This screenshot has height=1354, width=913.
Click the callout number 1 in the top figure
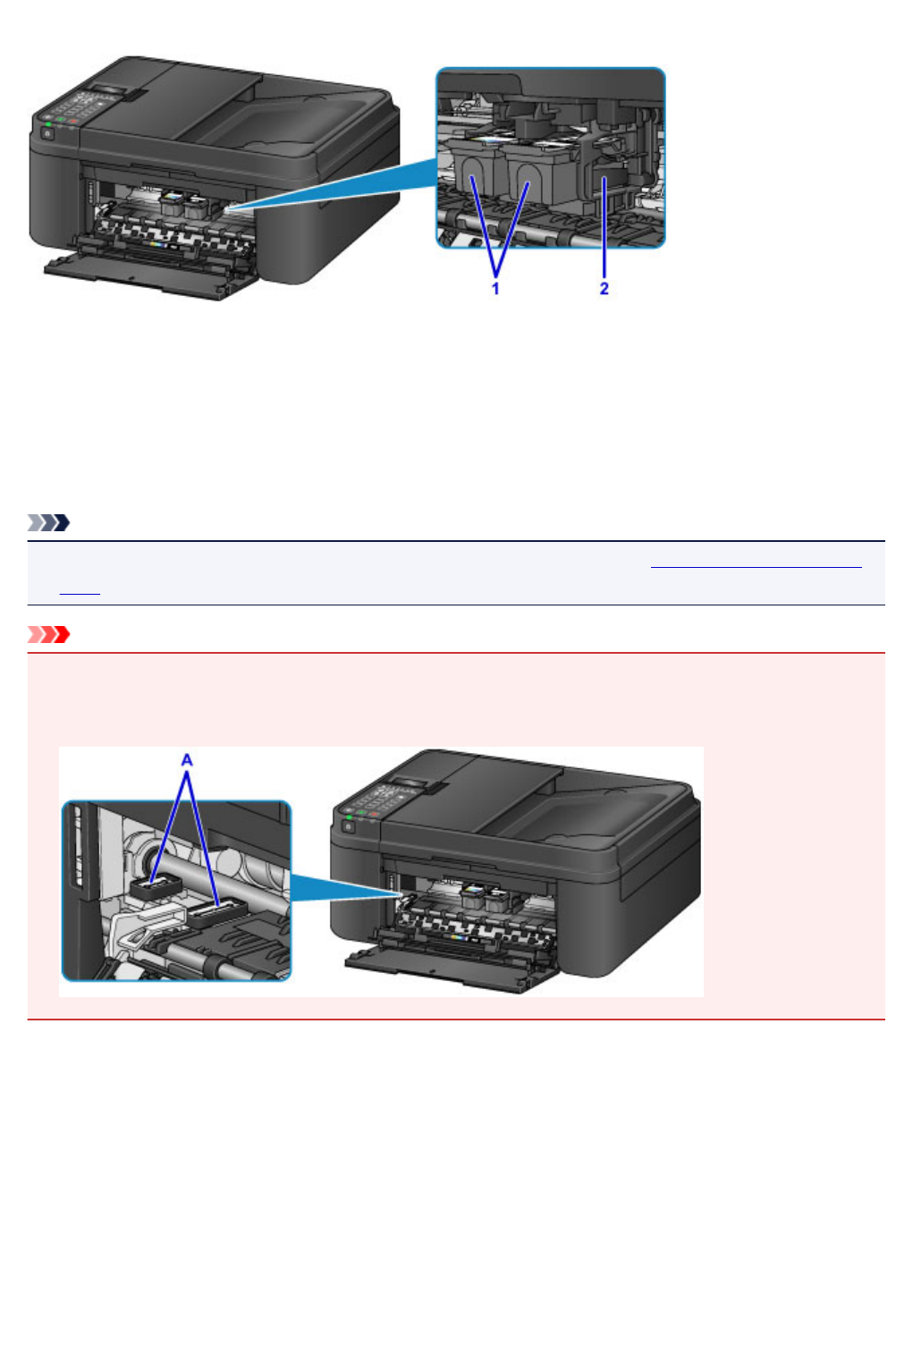[x=495, y=288]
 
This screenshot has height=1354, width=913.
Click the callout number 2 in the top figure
[x=604, y=288]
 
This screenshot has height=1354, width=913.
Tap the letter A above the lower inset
[x=187, y=760]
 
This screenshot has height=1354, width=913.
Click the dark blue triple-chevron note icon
[x=48, y=522]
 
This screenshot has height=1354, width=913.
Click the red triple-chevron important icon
[x=48, y=635]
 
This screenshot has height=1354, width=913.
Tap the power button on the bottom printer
[x=347, y=826]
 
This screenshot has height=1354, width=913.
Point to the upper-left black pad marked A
[x=156, y=885]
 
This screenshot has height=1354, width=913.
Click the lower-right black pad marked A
[x=217, y=911]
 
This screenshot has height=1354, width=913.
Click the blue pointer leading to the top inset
[x=340, y=188]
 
